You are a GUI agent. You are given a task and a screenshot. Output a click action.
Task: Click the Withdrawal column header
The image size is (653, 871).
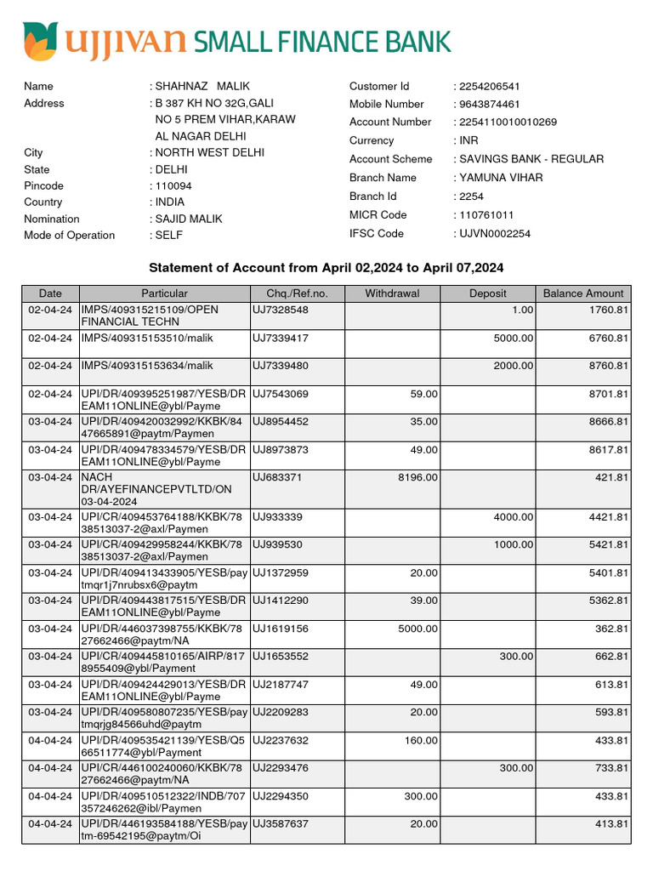pyautogui.click(x=392, y=293)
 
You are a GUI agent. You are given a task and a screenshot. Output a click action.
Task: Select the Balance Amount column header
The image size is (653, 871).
pyautogui.click(x=582, y=293)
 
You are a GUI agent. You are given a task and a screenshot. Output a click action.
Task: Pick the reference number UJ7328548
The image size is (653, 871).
pyautogui.click(x=280, y=310)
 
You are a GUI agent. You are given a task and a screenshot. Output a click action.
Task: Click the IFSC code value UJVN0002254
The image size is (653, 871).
pyautogui.click(x=494, y=233)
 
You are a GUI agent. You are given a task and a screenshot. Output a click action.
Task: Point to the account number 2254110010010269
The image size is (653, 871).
pyautogui.click(x=508, y=122)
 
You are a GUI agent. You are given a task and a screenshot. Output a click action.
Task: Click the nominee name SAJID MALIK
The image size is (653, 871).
pyautogui.click(x=188, y=219)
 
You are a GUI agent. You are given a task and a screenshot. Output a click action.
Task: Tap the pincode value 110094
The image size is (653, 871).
pyautogui.click(x=173, y=185)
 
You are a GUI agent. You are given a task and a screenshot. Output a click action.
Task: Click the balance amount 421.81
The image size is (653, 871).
pyautogui.click(x=611, y=478)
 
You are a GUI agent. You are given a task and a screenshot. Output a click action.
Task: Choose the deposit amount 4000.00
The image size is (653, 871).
pyautogui.click(x=514, y=517)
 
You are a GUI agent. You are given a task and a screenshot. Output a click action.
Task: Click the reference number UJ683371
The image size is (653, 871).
pyautogui.click(x=276, y=478)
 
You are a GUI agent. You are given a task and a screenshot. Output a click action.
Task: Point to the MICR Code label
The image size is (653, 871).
pyautogui.click(x=378, y=214)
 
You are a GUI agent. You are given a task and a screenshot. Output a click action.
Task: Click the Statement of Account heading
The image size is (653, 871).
pyautogui.click(x=326, y=268)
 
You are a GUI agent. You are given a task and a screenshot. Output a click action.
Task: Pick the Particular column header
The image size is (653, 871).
pyautogui.click(x=165, y=293)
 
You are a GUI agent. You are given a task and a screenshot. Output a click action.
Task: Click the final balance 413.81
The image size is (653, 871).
pyautogui.click(x=611, y=824)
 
